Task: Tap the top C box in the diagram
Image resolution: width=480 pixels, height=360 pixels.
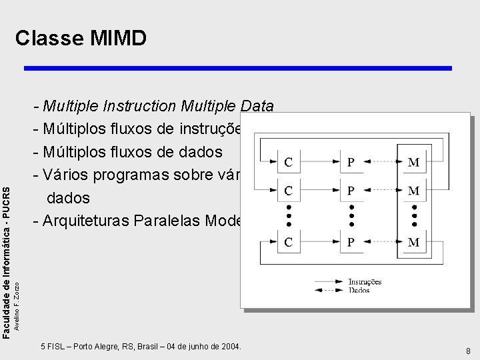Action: (289, 162)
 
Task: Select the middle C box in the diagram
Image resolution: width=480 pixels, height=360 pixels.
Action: (289, 191)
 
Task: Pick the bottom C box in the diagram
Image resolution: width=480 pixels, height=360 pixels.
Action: (289, 243)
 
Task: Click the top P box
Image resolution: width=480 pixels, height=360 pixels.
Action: (351, 162)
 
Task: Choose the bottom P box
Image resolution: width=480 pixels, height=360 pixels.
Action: (351, 243)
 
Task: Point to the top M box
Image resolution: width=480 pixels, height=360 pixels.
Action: (413, 162)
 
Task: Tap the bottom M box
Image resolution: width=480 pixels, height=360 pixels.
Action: (413, 243)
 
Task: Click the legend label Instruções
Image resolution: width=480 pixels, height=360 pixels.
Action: (365, 282)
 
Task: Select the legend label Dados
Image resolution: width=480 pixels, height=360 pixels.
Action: (360, 291)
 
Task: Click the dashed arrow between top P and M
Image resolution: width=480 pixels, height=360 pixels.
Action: (383, 162)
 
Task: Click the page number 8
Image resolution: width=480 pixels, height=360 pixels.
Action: (469, 351)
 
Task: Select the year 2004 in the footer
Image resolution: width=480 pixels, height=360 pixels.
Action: (229, 347)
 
